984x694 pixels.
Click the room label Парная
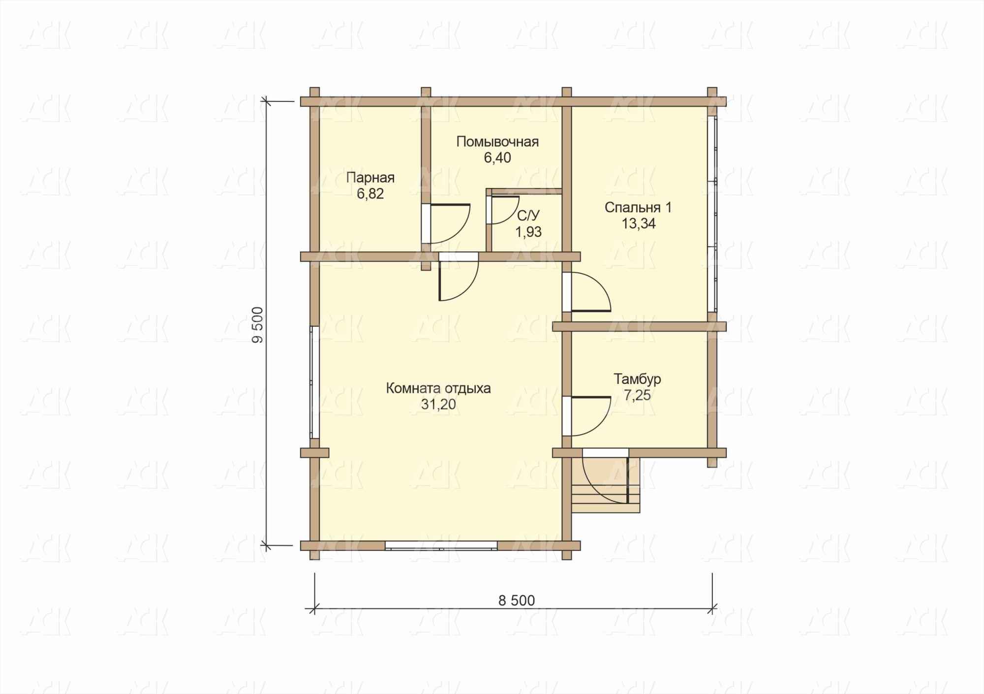[370, 178]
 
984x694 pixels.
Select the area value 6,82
[370, 194]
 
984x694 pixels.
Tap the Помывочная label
[497, 142]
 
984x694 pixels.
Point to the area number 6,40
[497, 158]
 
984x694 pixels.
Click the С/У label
[528, 216]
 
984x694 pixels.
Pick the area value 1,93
[528, 232]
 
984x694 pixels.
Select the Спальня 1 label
[638, 208]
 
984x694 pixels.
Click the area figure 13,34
[638, 224]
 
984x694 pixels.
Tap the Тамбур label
[637, 379]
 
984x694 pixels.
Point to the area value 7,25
[637, 395]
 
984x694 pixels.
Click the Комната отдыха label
[438, 388]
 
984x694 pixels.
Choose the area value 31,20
[438, 405]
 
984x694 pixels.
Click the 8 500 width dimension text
[516, 600]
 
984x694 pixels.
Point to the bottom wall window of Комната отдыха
[441, 545]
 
